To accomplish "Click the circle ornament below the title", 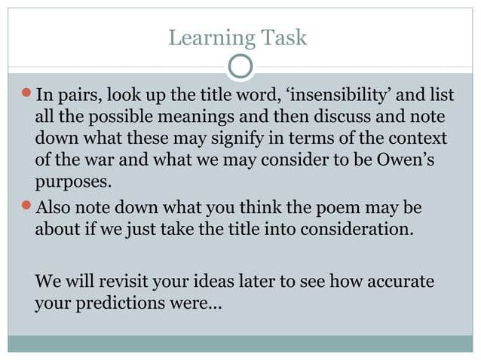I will point(240,67).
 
